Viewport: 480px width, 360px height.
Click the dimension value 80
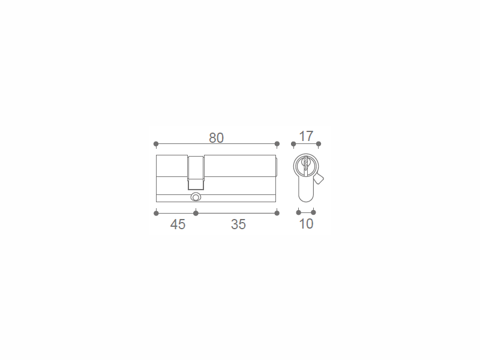[x=217, y=138]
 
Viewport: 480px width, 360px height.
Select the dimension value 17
[x=306, y=136]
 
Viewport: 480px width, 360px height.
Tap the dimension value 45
[x=178, y=224]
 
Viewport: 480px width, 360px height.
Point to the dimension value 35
[x=238, y=224]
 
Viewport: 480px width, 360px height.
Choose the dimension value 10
[x=306, y=224]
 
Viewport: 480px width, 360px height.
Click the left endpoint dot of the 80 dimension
[x=156, y=143]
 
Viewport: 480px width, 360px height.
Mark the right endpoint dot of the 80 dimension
[x=277, y=143]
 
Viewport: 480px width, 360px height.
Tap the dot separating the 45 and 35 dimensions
[x=196, y=213]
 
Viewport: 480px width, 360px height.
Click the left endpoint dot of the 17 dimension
[x=293, y=143]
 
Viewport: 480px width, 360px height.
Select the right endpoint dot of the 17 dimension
[x=319, y=143]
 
